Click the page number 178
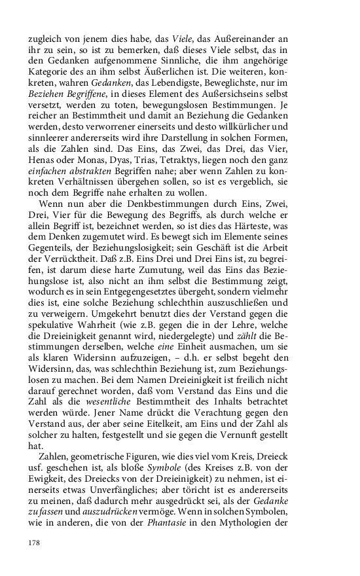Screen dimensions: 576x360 35,542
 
